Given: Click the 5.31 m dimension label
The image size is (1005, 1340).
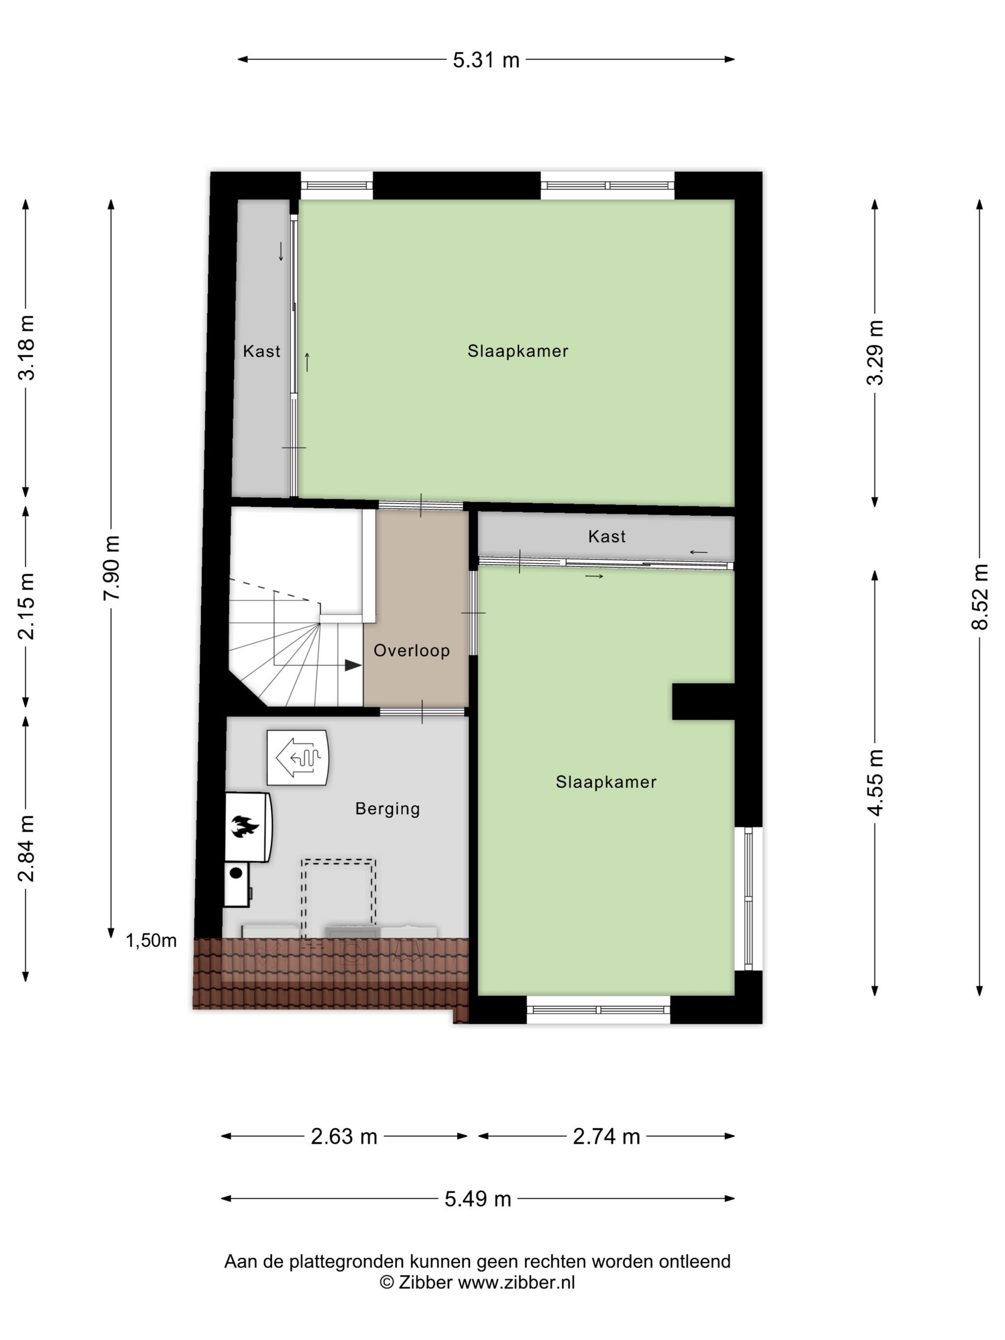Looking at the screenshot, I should pyautogui.click(x=486, y=60).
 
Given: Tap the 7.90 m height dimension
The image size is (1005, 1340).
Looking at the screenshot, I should pyautogui.click(x=112, y=568).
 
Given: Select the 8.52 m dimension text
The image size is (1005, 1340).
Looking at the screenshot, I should pyautogui.click(x=980, y=597).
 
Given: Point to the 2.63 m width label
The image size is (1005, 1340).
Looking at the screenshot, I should pyautogui.click(x=344, y=1137).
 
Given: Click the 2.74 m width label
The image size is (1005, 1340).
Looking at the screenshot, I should pyautogui.click(x=606, y=1137).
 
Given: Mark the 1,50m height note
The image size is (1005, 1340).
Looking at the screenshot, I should pyautogui.click(x=151, y=940).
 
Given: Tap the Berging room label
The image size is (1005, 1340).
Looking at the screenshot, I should pyautogui.click(x=387, y=809).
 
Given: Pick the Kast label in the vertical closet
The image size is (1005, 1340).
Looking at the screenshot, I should pyautogui.click(x=261, y=351).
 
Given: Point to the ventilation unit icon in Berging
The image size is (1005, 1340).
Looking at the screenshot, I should pyautogui.click(x=298, y=758).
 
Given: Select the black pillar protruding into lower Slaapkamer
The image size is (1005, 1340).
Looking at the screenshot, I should pyautogui.click(x=703, y=702).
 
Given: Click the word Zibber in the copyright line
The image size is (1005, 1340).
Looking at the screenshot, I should pyautogui.click(x=424, y=1283).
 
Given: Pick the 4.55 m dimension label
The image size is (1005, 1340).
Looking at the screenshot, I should pyautogui.click(x=875, y=782).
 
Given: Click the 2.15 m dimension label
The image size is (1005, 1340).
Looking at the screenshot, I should pyautogui.click(x=26, y=606).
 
